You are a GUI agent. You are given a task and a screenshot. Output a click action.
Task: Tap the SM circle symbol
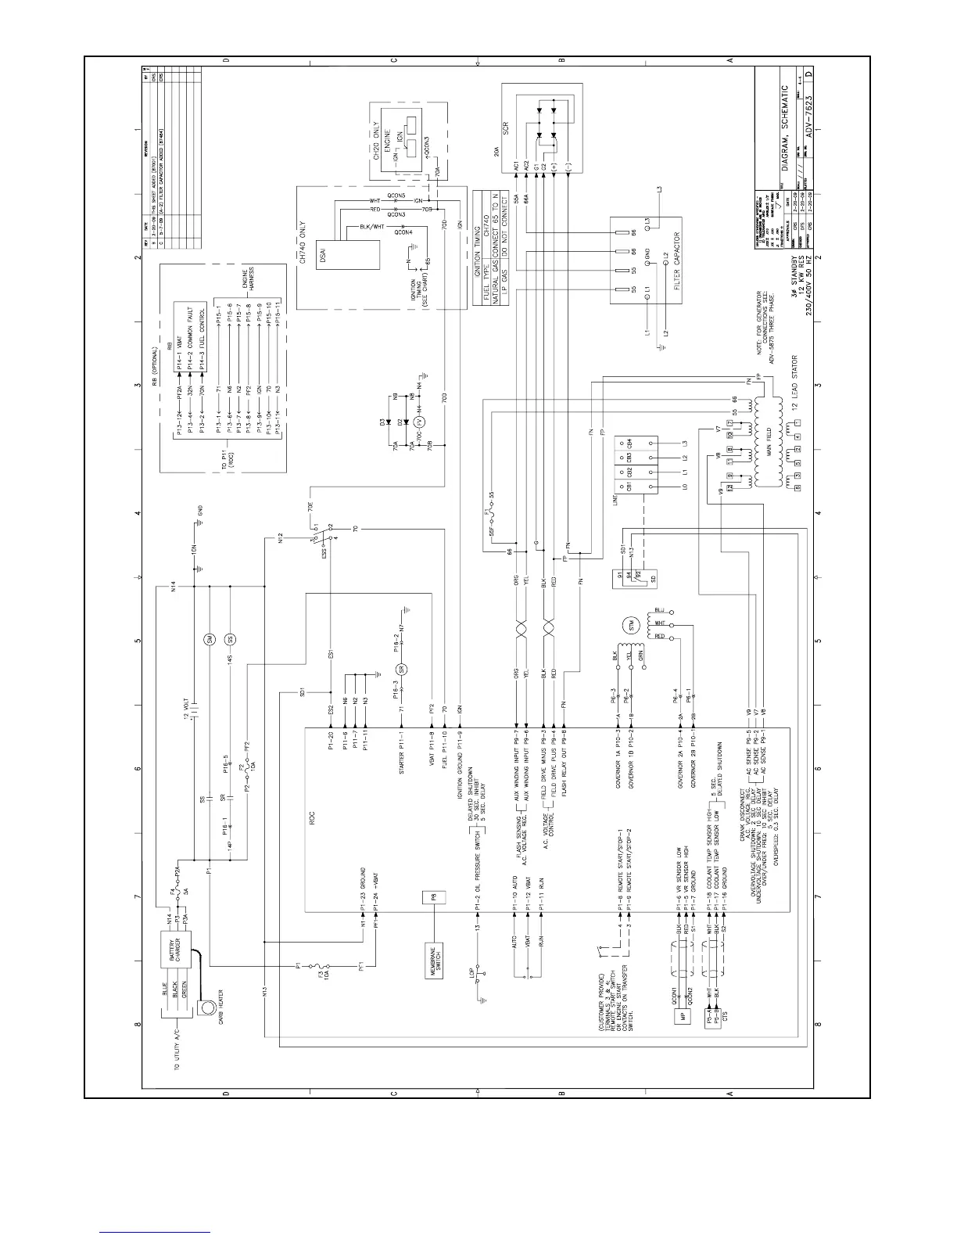[x=210, y=640]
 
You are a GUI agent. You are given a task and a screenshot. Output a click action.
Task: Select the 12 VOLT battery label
[x=185, y=705]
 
